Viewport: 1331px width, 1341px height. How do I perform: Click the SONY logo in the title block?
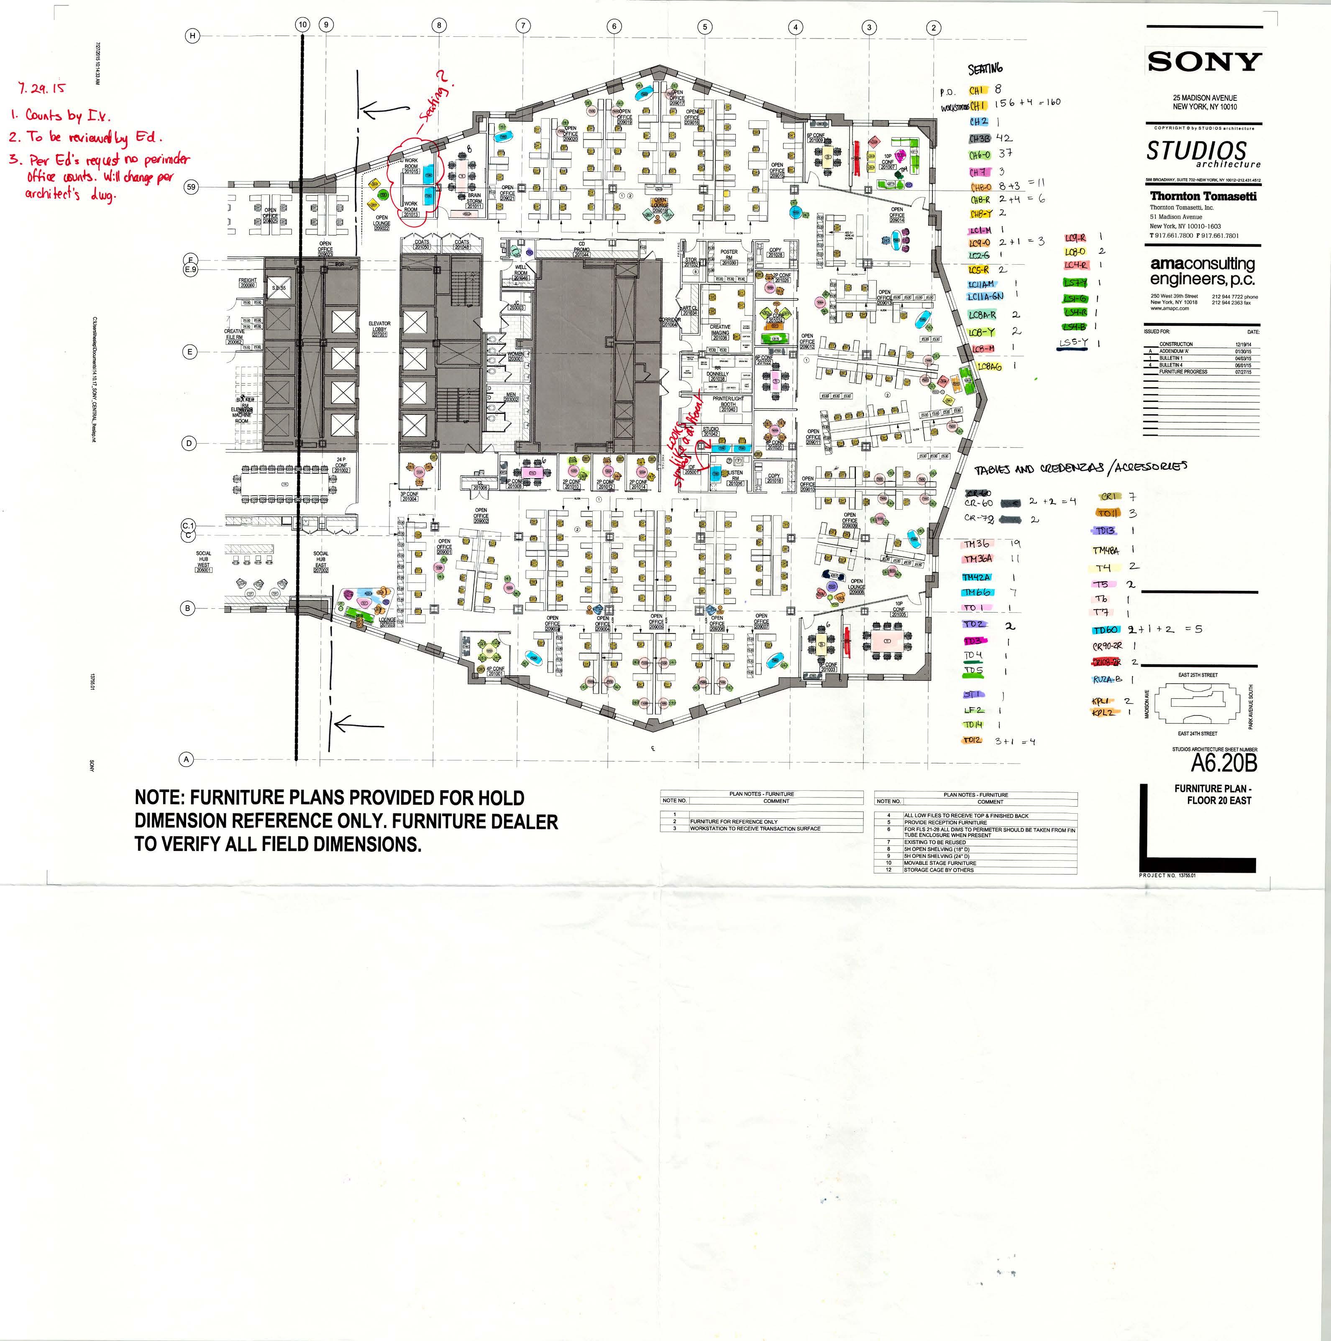pos(1204,62)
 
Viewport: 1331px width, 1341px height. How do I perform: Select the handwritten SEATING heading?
pos(985,69)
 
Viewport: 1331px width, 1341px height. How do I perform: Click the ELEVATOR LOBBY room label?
pos(379,329)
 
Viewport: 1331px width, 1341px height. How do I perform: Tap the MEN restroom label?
pos(511,397)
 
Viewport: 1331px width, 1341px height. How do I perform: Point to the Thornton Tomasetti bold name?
pos(1203,197)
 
